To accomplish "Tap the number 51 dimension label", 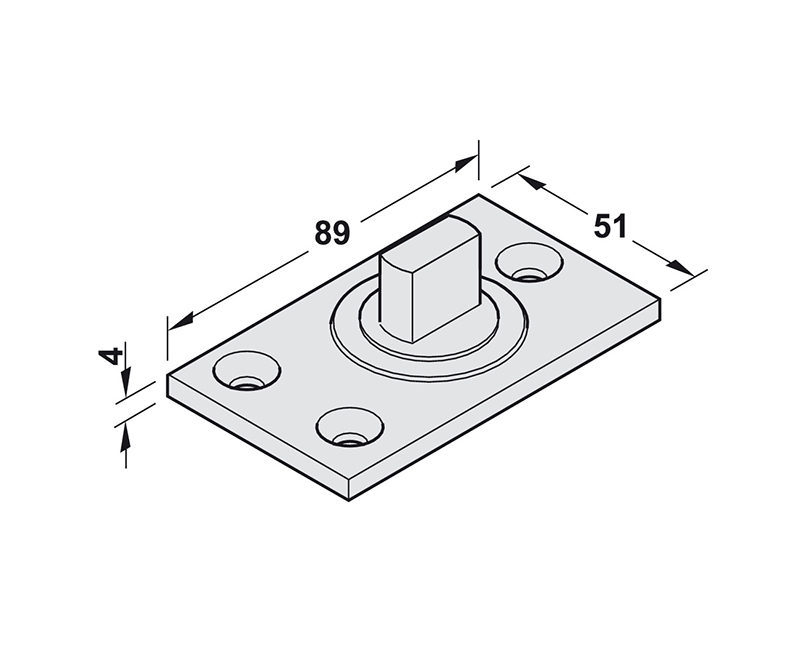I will pos(610,225).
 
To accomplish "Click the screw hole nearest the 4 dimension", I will pos(244,379).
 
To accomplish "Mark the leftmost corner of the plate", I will pos(168,381).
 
